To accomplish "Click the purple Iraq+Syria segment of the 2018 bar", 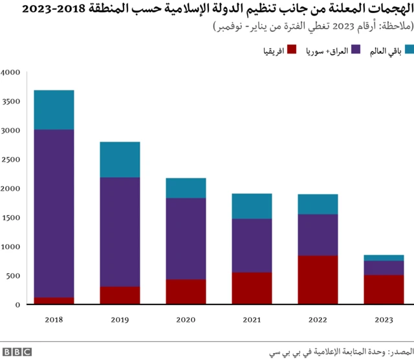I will click(x=54, y=213).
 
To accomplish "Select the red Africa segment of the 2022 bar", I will click(x=318, y=280).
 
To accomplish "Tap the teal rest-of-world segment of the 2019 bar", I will click(x=120, y=160).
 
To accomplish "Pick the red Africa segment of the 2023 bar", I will click(x=384, y=290).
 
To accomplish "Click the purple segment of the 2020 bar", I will click(x=186, y=238).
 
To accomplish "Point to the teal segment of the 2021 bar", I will click(x=252, y=206).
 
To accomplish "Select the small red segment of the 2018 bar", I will click(x=54, y=301).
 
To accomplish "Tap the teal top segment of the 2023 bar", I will click(x=384, y=258).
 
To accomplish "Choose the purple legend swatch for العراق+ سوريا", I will click(x=356, y=50).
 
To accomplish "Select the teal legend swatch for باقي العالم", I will click(x=407, y=50).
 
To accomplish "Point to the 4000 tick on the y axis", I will click(x=12, y=72).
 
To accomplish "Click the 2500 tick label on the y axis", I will click(x=12, y=160).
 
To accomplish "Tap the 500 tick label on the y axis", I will click(x=14, y=276).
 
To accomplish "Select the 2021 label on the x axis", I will click(x=252, y=319).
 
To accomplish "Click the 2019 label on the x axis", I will click(x=120, y=319).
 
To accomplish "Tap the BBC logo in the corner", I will click(x=17, y=352).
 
